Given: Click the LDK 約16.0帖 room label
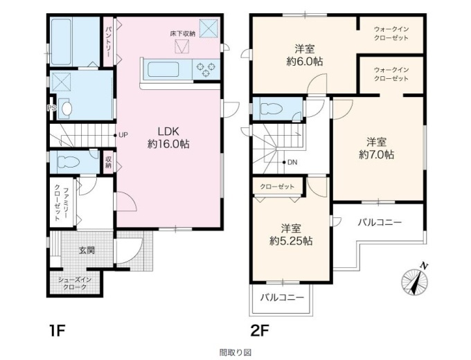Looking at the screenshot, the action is click(168, 138).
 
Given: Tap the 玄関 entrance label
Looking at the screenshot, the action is click(87, 250).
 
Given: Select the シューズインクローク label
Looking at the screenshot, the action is click(75, 284).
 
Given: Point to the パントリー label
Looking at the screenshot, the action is click(108, 42).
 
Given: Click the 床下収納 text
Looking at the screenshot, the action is click(183, 34).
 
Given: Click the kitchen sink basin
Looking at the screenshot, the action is click(163, 69).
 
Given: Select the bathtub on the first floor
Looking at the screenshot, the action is click(61, 42).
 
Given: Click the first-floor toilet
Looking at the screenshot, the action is click(69, 162).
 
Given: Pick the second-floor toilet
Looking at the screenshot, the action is click(272, 109).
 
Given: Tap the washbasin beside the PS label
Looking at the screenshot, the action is click(66, 108).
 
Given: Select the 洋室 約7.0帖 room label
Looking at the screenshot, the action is click(376, 148).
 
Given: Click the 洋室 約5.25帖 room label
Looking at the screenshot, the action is click(290, 235).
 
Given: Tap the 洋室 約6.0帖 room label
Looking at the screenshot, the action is click(305, 55).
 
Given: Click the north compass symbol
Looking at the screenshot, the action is click(415, 279).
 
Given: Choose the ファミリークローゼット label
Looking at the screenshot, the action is click(61, 204).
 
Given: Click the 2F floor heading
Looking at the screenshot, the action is click(260, 331).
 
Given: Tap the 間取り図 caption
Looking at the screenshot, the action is click(235, 352).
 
